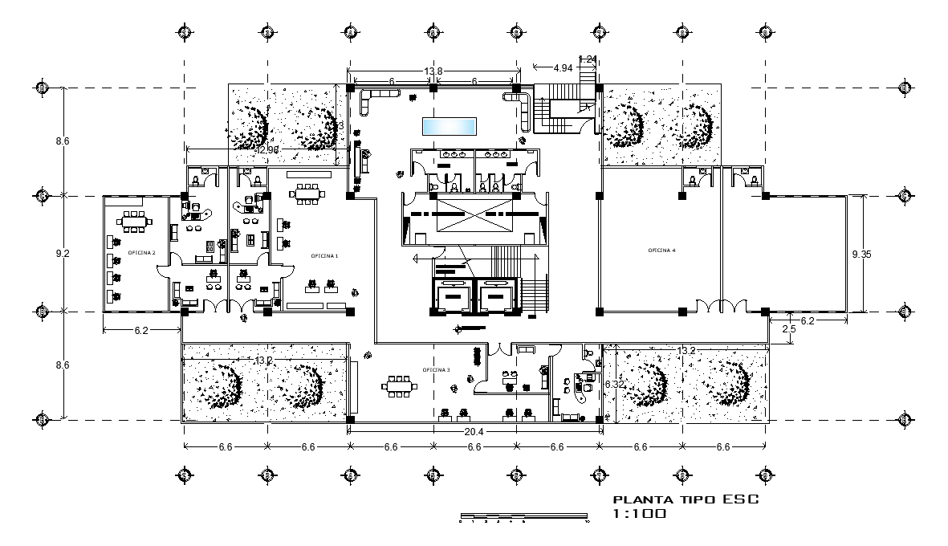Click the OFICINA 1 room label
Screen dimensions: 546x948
(x=325, y=255)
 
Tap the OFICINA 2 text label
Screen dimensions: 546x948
(x=141, y=252)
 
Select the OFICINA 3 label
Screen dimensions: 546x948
(x=437, y=369)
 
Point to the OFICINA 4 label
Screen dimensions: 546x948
(x=662, y=251)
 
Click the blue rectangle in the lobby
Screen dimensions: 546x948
(x=450, y=126)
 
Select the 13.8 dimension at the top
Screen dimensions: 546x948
(x=433, y=72)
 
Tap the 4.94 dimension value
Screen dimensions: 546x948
(x=563, y=68)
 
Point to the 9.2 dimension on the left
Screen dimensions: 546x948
(x=63, y=254)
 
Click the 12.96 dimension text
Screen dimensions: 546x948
(x=267, y=149)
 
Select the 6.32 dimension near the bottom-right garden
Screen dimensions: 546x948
(x=615, y=385)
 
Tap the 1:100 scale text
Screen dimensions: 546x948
(x=639, y=514)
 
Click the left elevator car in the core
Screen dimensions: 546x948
(x=453, y=296)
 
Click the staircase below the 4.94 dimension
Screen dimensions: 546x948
(x=563, y=112)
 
